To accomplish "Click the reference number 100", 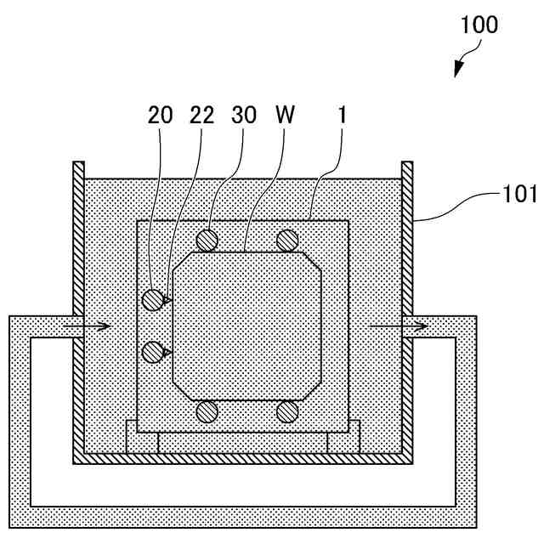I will coord(479,25).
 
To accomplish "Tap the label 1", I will coord(342,116).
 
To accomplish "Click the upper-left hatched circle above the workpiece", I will coord(207,241).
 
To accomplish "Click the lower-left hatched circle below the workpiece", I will coord(207,412).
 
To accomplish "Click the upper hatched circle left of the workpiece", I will coord(153,299).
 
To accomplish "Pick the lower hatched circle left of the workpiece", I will coord(153,351).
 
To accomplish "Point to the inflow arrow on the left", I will coord(96,326).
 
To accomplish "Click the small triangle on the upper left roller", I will coord(168,299).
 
